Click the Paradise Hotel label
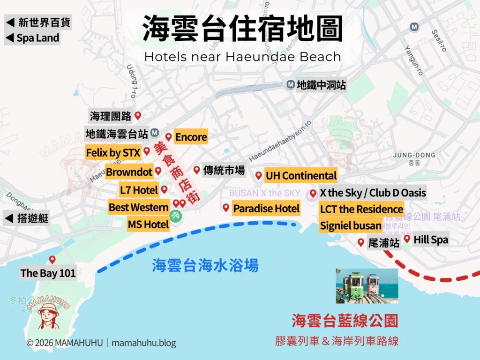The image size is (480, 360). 266,208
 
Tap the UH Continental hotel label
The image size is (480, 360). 300,176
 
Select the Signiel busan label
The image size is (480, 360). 350,225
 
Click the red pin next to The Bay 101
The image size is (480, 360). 52,259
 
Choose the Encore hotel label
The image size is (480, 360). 191,137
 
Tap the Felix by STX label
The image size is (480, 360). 112,153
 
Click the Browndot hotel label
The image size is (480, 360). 129,172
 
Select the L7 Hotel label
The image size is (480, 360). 138,190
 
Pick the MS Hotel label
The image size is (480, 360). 148,225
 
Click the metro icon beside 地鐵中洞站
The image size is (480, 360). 290,85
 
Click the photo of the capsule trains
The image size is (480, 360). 367,285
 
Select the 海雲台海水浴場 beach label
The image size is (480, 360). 205,266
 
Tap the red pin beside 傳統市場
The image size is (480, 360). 196,170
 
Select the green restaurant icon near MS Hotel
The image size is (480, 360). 176,217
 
